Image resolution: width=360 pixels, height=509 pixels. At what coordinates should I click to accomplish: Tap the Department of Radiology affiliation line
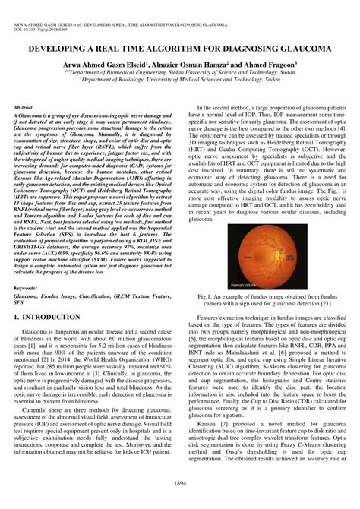click(180, 86)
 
